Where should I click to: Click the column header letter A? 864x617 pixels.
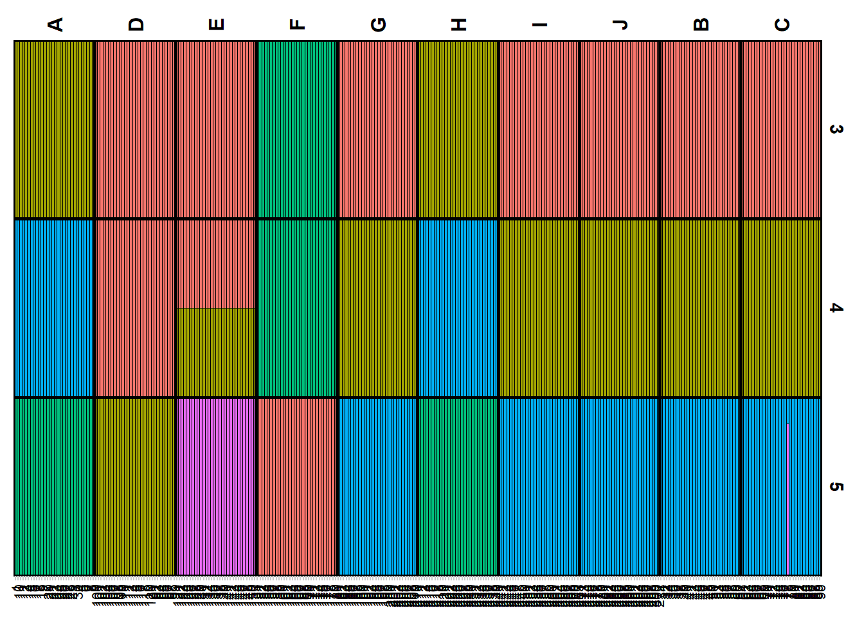point(55,24)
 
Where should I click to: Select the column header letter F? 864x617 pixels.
point(296,24)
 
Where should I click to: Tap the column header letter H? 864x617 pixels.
point(458,24)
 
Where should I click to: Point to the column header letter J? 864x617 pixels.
point(620,24)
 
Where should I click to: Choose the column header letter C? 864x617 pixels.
point(782,24)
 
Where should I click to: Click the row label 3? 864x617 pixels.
point(836,129)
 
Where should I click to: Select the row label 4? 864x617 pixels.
point(836,308)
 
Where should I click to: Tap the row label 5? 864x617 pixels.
point(836,487)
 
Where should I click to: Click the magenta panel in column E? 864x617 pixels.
point(216,487)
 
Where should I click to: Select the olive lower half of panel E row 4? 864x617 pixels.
point(216,352)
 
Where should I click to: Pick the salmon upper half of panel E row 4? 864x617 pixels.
point(216,264)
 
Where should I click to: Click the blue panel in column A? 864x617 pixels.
point(55,308)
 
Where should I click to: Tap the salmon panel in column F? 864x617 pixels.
point(296,487)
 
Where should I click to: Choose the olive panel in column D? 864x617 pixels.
point(135,487)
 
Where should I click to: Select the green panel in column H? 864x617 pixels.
point(458,487)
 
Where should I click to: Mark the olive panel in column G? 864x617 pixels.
point(377,308)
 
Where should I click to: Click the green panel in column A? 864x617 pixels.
point(55,487)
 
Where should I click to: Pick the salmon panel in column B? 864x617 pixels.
point(701,129)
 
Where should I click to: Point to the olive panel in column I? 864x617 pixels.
point(539,308)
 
